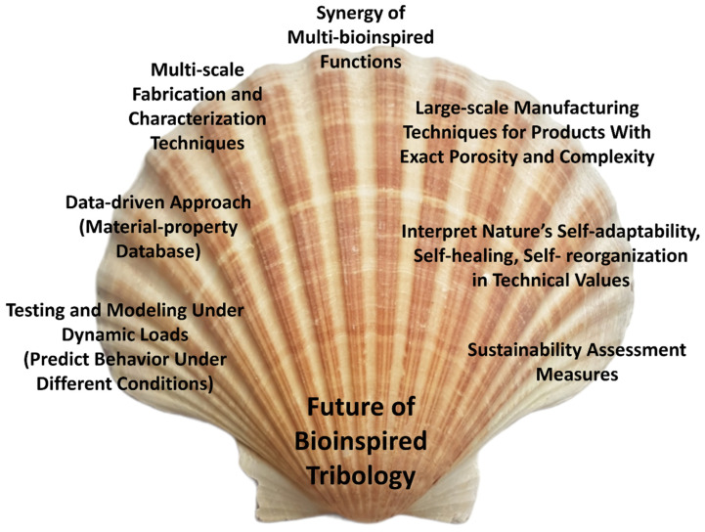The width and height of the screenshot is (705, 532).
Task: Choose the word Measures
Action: tap(576, 373)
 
